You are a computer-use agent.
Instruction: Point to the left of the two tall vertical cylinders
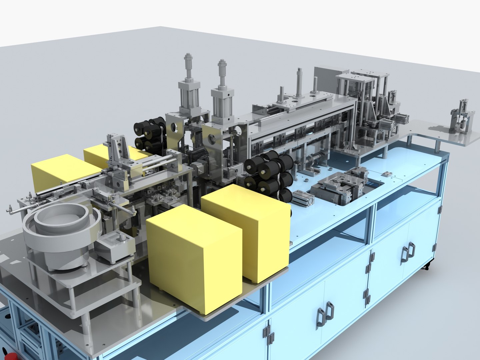coord(189,83)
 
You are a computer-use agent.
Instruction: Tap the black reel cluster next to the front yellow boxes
coord(268,173)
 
